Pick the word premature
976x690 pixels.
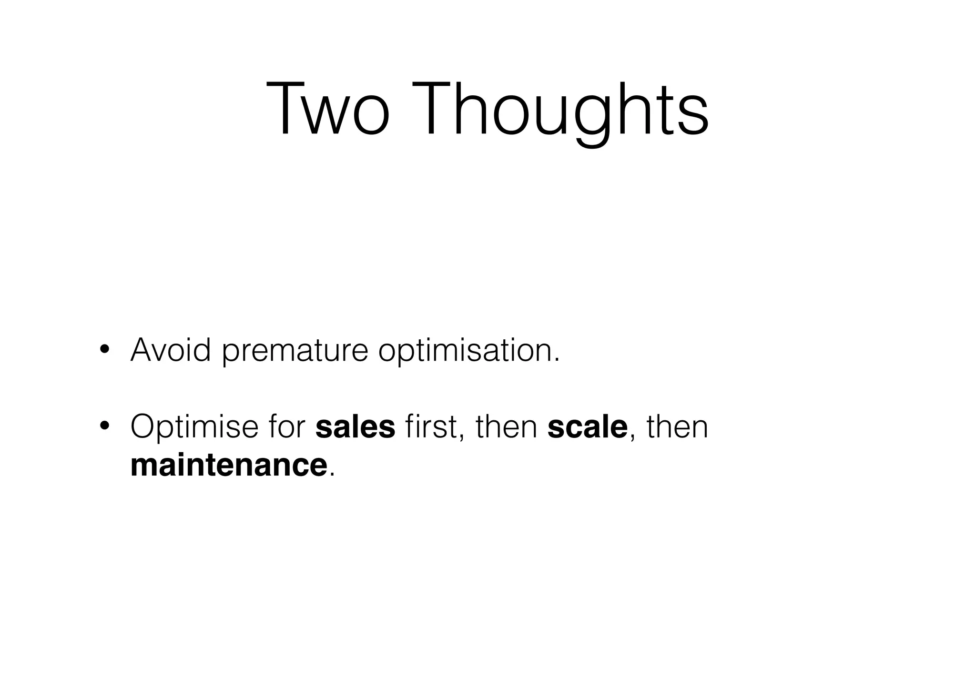(295, 352)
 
